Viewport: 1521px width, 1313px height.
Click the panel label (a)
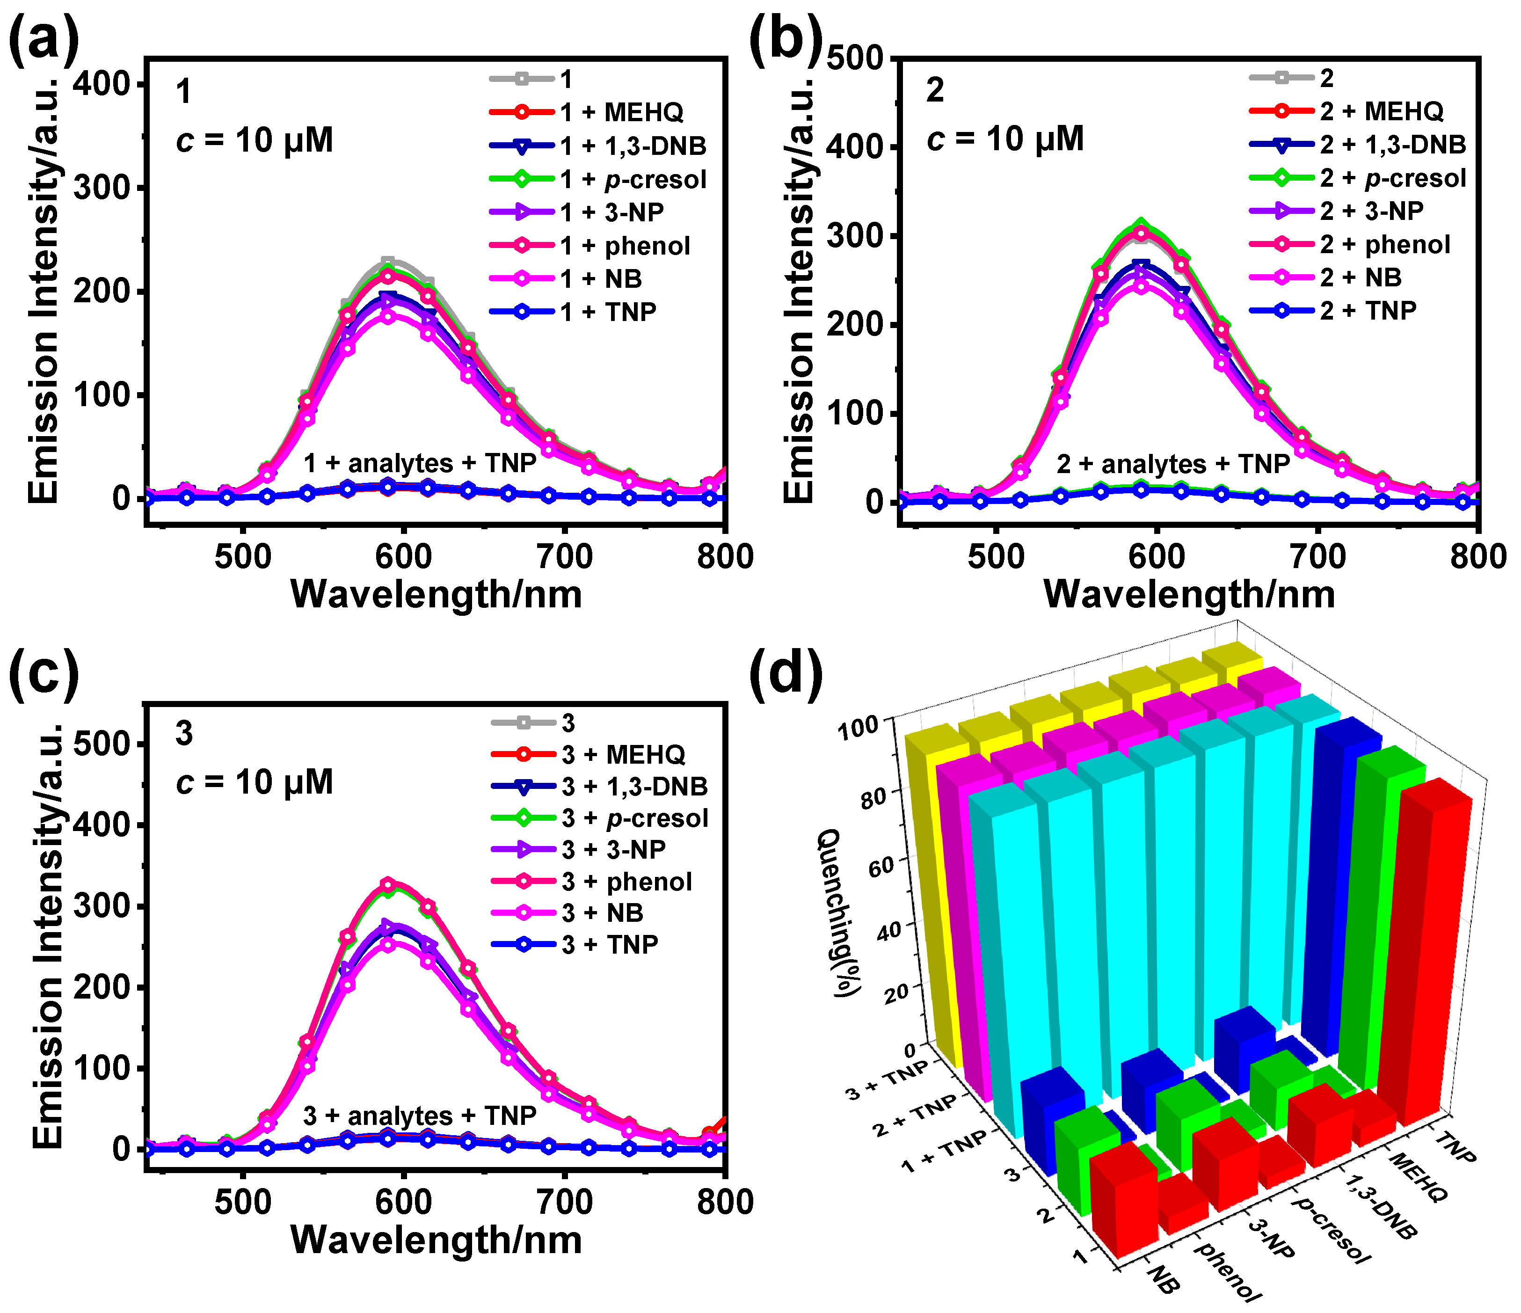(x=43, y=38)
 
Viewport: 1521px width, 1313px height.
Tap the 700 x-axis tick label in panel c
(x=564, y=1202)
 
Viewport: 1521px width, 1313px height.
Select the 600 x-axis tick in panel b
(x=1156, y=557)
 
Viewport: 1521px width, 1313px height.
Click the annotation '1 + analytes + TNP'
(x=420, y=463)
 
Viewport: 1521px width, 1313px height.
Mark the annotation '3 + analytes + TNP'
(x=420, y=1116)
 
